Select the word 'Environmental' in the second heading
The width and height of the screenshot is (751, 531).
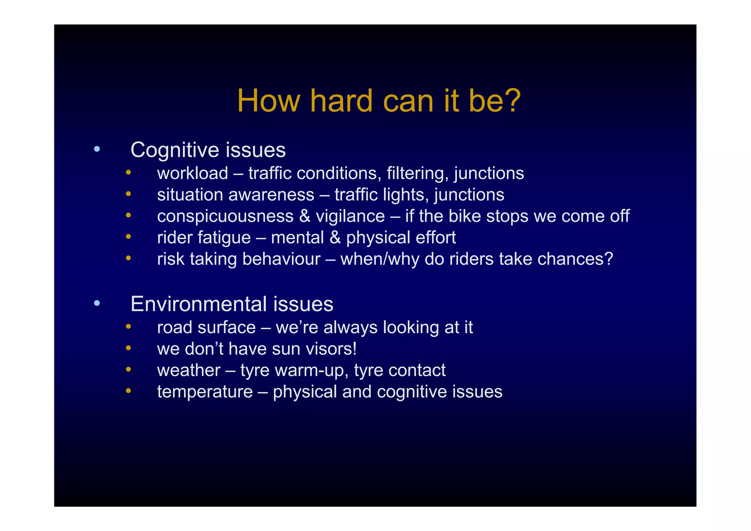(x=199, y=304)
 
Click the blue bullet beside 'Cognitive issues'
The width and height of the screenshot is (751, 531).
(x=97, y=149)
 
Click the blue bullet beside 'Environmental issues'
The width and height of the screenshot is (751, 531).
(x=97, y=303)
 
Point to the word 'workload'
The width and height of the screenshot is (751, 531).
(x=193, y=173)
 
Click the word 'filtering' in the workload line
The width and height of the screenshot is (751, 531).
(x=417, y=173)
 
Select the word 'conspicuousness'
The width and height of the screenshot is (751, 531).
(x=225, y=217)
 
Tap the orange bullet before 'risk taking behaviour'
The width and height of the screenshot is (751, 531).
(x=128, y=258)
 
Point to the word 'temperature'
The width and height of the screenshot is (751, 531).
(x=205, y=392)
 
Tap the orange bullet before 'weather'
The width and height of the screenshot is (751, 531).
(x=128, y=369)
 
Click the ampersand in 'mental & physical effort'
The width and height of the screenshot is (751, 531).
(x=335, y=238)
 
